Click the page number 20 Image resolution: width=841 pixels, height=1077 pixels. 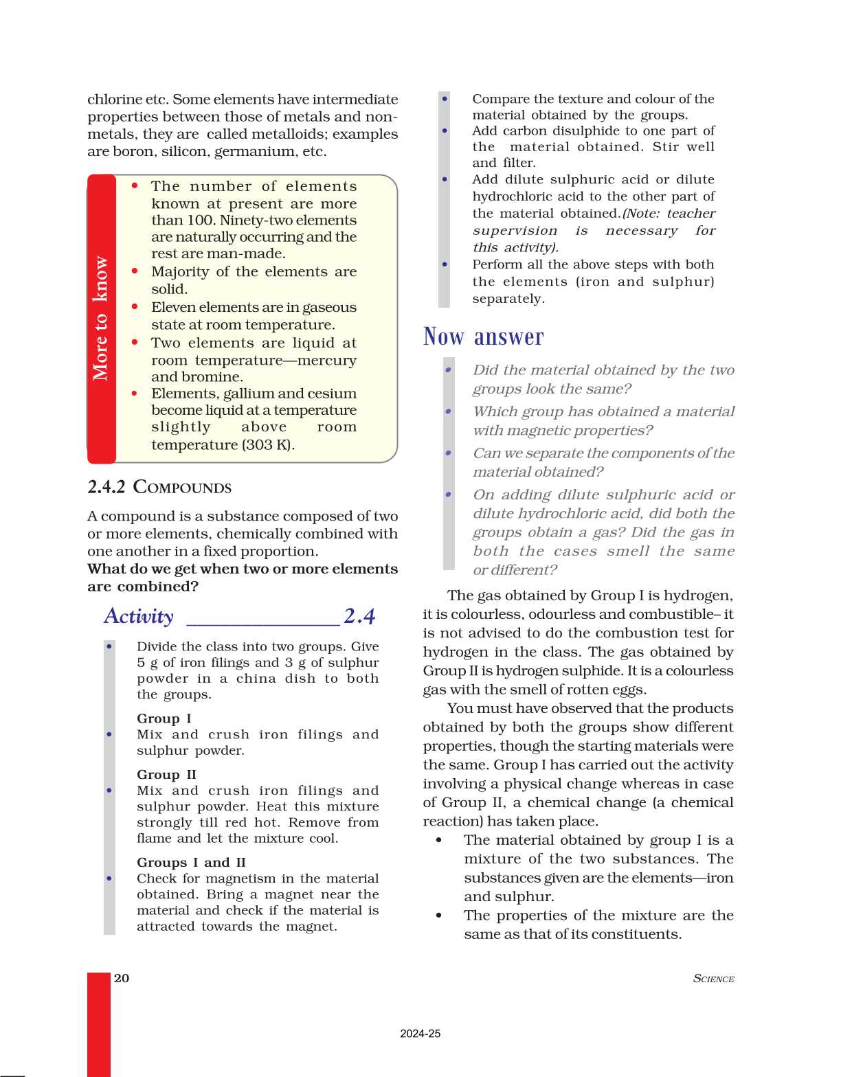(122, 978)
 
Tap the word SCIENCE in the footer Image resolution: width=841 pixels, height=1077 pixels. (713, 979)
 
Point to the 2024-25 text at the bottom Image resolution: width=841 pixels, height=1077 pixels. (420, 1034)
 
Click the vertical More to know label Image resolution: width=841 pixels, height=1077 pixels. (101, 318)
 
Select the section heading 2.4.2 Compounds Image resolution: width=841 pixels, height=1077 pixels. (159, 487)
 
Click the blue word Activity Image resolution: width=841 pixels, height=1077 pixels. (139, 616)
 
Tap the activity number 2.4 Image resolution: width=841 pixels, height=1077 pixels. (359, 616)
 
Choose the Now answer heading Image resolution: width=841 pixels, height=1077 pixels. (483, 337)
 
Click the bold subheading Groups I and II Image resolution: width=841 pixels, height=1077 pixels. (191, 862)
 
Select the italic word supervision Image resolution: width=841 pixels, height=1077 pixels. (515, 231)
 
